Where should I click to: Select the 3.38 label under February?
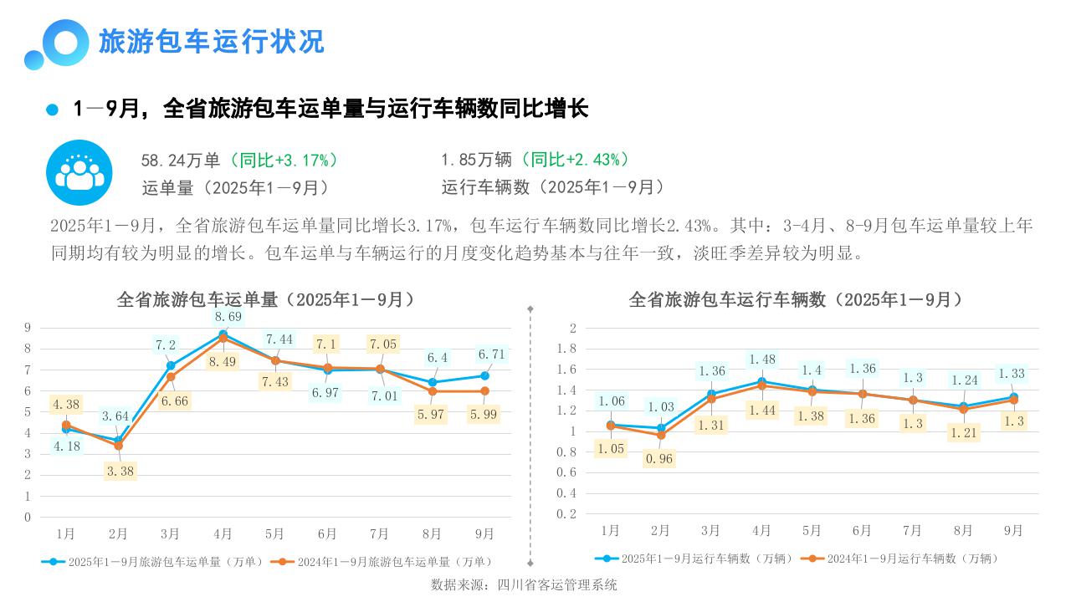(x=119, y=471)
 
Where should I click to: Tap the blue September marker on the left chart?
(x=484, y=375)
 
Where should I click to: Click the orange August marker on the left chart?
(x=433, y=391)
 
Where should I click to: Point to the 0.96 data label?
(x=659, y=459)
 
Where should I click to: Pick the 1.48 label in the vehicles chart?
(x=761, y=360)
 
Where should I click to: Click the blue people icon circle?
(x=79, y=172)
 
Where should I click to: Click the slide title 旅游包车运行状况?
(x=211, y=41)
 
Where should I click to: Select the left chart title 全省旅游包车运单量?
(x=266, y=299)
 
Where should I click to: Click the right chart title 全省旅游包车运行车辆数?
(x=796, y=299)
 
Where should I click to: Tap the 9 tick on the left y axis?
(x=28, y=328)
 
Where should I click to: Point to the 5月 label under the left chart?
(x=274, y=533)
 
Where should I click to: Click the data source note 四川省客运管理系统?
(x=524, y=584)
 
